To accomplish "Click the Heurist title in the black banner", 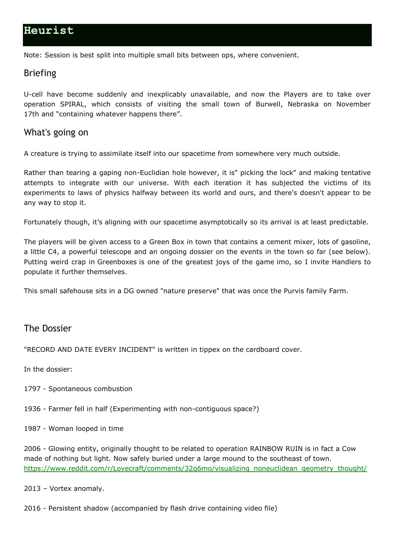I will coord(49,31).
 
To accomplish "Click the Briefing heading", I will coord(40,73).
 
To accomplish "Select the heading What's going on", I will coord(56,133).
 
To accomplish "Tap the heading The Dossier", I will coord(47,329).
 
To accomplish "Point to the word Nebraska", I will coord(303,104).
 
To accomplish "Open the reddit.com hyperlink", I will coord(195,468).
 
